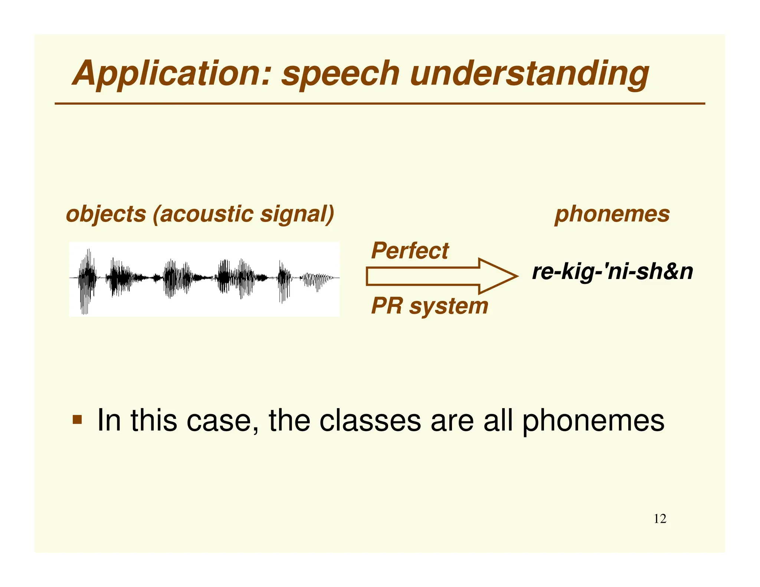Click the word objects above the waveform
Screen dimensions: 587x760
(x=106, y=214)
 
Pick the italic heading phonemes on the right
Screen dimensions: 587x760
(x=612, y=214)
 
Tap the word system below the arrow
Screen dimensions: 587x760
(x=449, y=306)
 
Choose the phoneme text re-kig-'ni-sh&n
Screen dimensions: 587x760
(x=612, y=272)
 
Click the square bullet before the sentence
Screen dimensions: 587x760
(x=77, y=420)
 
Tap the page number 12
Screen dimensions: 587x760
(x=660, y=519)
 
